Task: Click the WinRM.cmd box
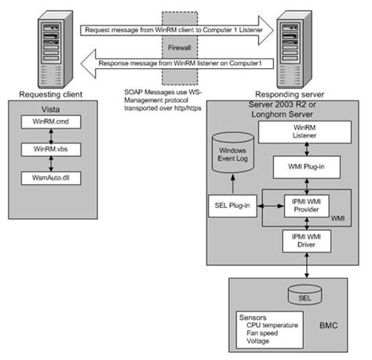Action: pyautogui.click(x=51, y=122)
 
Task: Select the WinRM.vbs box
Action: pyautogui.click(x=51, y=150)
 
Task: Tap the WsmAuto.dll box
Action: pyautogui.click(x=51, y=178)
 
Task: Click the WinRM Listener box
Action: pyautogui.click(x=305, y=132)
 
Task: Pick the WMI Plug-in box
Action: pyautogui.click(x=307, y=167)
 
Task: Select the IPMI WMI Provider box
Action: pyautogui.click(x=307, y=205)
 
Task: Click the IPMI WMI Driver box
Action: pyautogui.click(x=307, y=241)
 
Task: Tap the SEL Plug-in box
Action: pyautogui.click(x=232, y=205)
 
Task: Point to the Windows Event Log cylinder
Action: pyautogui.click(x=233, y=153)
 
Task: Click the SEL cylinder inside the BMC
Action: pyautogui.click(x=305, y=295)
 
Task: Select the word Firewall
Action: pyautogui.click(x=180, y=48)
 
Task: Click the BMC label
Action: pyautogui.click(x=329, y=325)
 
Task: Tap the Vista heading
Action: pyautogui.click(x=50, y=109)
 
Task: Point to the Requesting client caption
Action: pyautogui.click(x=51, y=94)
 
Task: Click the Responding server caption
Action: pyautogui.click(x=290, y=94)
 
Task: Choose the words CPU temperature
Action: pyautogui.click(x=272, y=325)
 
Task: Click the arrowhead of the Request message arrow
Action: pyautogui.click(x=266, y=31)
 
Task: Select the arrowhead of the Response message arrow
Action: pyautogui.click(x=88, y=64)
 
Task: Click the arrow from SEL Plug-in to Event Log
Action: pyautogui.click(x=233, y=184)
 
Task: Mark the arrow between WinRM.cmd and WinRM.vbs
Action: pyautogui.click(x=51, y=136)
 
